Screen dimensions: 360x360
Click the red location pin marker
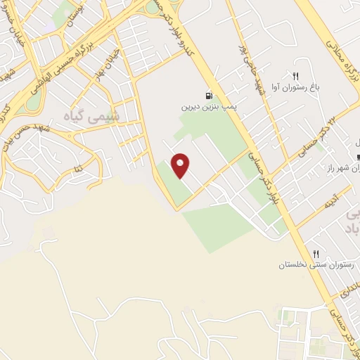[x=181, y=165]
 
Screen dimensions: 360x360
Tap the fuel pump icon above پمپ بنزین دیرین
[x=208, y=96]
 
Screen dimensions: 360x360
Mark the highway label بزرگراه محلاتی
[x=334, y=46]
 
